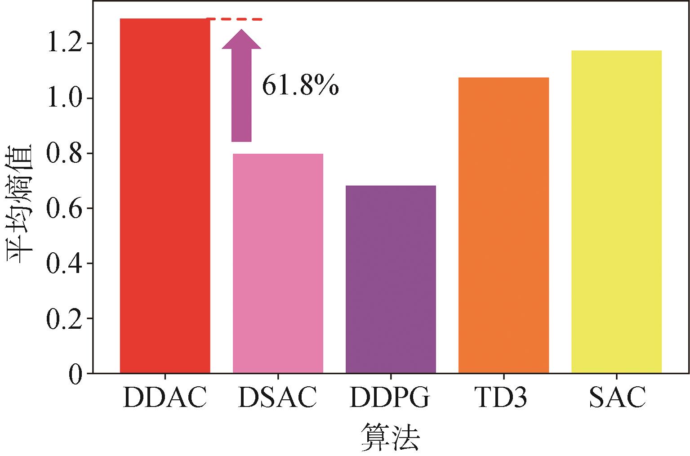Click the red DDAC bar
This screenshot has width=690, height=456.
pyautogui.click(x=165, y=196)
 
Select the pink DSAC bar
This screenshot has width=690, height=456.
pyautogui.click(x=278, y=263)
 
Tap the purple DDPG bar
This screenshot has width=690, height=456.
pyautogui.click(x=391, y=279)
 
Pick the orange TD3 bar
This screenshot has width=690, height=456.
pyautogui.click(x=503, y=225)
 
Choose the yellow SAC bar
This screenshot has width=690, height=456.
pyautogui.click(x=616, y=211)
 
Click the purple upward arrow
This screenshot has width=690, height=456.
pyautogui.click(x=241, y=85)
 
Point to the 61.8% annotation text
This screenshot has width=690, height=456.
pyautogui.click(x=300, y=85)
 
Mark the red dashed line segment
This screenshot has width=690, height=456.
pyautogui.click(x=235, y=19)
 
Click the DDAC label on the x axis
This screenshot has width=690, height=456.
pyautogui.click(x=165, y=398)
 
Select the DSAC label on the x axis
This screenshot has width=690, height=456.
pyautogui.click(x=278, y=398)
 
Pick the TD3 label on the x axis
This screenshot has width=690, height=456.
pyautogui.click(x=501, y=398)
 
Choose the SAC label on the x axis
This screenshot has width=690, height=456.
pyautogui.click(x=617, y=398)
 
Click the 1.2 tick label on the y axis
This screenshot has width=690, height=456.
pyautogui.click(x=65, y=44)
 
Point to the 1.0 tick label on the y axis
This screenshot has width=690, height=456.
pyautogui.click(x=65, y=98)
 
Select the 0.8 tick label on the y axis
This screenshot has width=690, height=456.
pyautogui.click(x=65, y=154)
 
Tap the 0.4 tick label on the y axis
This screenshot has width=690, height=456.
pyautogui.click(x=65, y=264)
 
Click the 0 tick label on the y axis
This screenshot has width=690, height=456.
pyautogui.click(x=76, y=374)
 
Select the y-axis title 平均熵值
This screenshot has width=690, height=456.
pyautogui.click(x=19, y=204)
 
